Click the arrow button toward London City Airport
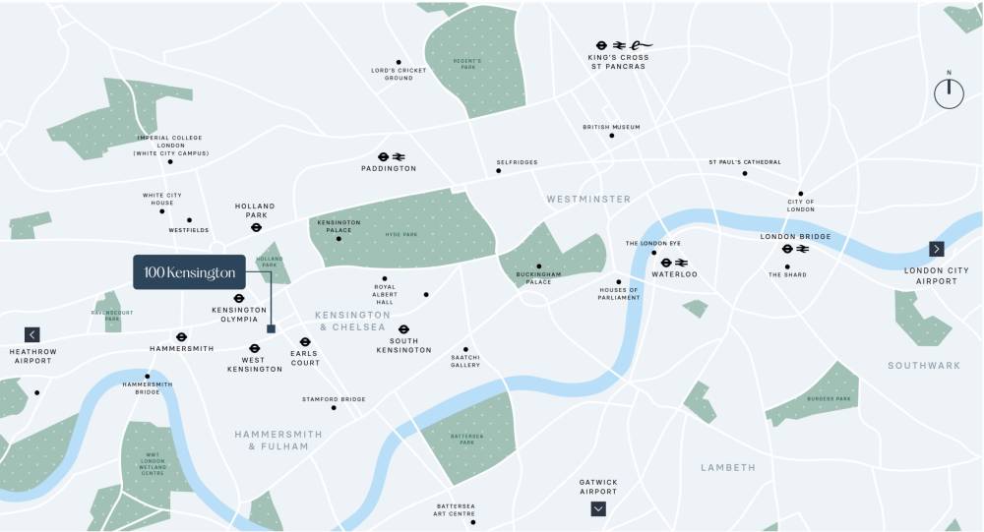(x=936, y=249)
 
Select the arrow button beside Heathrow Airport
(x=32, y=334)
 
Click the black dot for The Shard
(x=787, y=263)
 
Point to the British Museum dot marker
(x=611, y=136)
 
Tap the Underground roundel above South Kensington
(x=403, y=329)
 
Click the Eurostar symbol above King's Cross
(x=641, y=44)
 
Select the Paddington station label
(x=389, y=168)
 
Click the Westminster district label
(x=588, y=199)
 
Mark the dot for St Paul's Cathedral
(x=745, y=173)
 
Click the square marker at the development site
(x=272, y=329)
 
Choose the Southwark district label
(x=923, y=365)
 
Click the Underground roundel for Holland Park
(x=255, y=227)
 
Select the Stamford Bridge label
(x=334, y=399)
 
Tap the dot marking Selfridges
(x=498, y=171)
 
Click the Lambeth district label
(x=727, y=467)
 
